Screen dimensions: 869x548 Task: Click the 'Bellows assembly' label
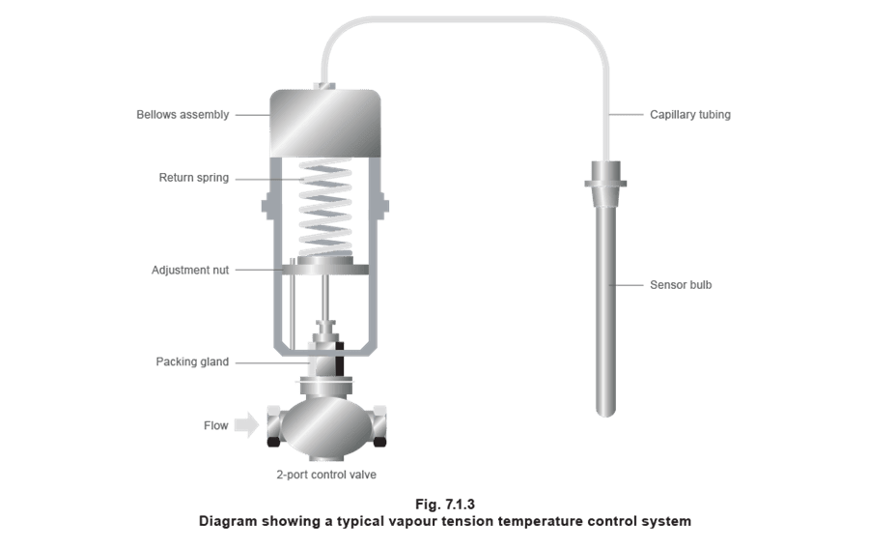click(182, 115)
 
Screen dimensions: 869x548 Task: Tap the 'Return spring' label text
click(193, 178)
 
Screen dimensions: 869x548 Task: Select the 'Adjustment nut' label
click(190, 270)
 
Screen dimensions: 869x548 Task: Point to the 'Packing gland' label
click(192, 361)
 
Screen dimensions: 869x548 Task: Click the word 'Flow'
click(215, 425)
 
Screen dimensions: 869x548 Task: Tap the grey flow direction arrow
click(246, 425)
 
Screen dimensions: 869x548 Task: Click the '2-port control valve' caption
click(326, 475)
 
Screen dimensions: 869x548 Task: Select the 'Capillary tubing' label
click(690, 115)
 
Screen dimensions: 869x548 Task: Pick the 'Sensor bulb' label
click(681, 285)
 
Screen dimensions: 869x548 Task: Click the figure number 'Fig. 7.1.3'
click(445, 505)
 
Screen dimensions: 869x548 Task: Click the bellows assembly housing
click(325, 123)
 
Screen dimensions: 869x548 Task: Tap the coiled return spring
click(325, 208)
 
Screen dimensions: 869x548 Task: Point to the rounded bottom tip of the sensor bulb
click(605, 413)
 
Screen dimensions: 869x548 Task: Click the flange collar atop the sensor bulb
click(605, 183)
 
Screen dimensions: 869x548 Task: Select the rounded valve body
click(326, 427)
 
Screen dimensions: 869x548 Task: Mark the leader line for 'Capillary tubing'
click(627, 115)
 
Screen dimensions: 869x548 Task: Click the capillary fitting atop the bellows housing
click(325, 86)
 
